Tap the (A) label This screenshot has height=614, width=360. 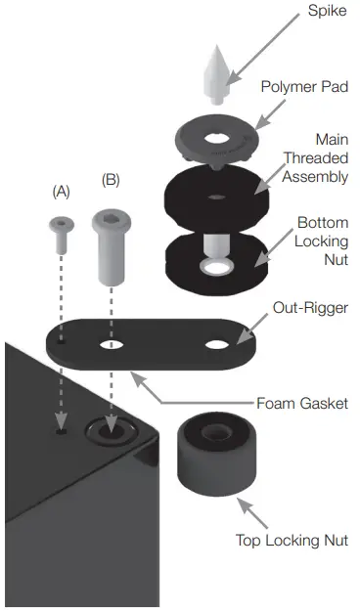click(62, 193)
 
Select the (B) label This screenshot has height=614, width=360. click(110, 181)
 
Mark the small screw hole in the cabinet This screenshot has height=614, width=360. click(61, 430)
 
